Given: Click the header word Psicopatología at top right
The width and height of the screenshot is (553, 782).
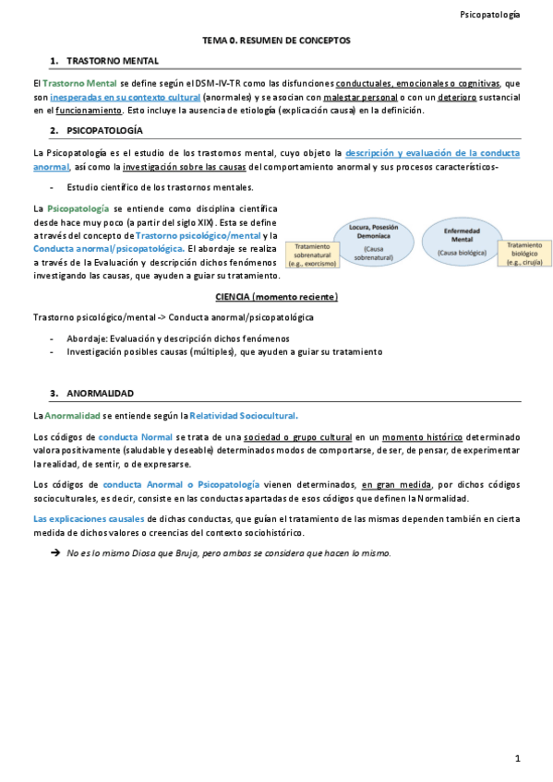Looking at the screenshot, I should coord(489,15).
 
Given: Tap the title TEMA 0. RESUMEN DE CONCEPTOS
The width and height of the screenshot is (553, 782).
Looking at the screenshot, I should coord(276,41).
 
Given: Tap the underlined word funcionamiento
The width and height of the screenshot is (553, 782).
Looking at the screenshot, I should coord(81,111).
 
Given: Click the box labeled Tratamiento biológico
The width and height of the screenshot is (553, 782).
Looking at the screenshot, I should coord(525,254).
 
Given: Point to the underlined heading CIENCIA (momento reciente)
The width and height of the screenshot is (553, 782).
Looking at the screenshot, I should coord(276,297).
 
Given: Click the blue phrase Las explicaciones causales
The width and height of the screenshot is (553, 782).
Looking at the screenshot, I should coord(88,519).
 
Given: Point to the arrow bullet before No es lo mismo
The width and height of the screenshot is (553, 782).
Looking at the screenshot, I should coord(54,553).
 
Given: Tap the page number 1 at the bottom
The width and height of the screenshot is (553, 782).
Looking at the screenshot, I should coord(518,758).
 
